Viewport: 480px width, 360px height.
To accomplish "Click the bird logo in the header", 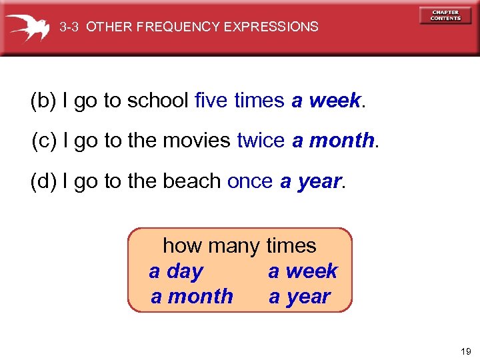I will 28,27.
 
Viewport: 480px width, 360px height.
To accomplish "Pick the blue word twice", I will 261,141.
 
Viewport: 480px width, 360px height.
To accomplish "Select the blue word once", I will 250,181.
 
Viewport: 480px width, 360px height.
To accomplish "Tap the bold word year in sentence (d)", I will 318,181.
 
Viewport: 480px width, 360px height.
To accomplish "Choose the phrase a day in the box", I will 176,271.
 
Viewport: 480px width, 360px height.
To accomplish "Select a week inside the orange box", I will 303,271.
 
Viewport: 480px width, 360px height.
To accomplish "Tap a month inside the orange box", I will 192,296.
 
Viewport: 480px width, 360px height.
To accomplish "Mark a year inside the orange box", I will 299,296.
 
